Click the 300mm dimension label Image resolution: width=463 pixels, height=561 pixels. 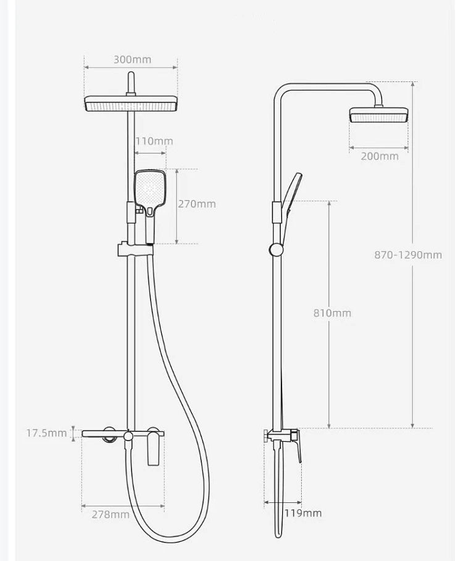(132, 60)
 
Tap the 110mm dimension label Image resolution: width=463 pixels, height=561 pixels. (154, 141)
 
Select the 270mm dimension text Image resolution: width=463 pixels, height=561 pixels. (197, 204)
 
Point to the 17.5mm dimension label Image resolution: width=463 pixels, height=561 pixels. (46, 433)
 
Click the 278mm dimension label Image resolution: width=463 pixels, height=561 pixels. (111, 514)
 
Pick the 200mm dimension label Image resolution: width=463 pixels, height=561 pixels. (380, 156)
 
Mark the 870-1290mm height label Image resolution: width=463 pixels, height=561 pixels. (408, 254)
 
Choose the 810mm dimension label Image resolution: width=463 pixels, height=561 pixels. (332, 313)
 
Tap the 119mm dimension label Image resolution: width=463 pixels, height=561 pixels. (303, 513)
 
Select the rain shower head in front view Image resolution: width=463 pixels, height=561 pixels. (131, 105)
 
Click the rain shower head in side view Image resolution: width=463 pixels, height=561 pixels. (379, 115)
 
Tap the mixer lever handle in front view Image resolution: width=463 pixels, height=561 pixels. (154, 449)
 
